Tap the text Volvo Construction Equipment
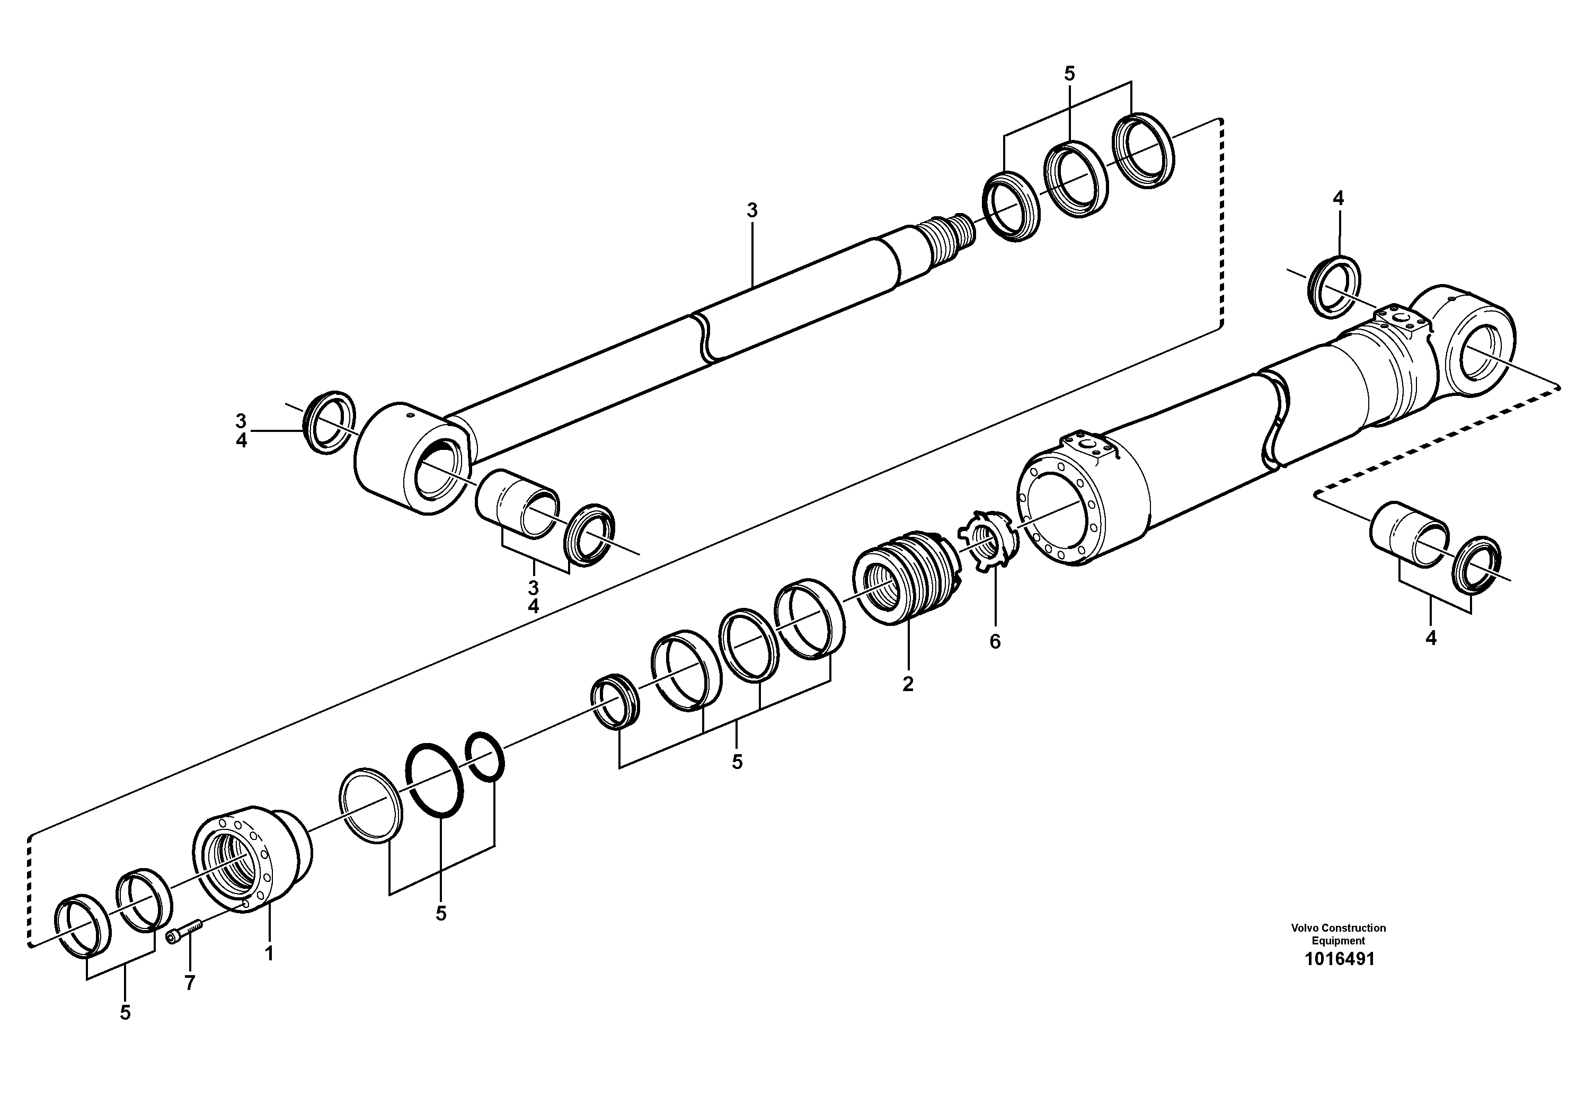[x=1338, y=934]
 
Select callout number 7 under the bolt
[x=190, y=983]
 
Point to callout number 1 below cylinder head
[x=269, y=953]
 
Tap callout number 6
[x=995, y=641]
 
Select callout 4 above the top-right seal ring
[x=1338, y=199]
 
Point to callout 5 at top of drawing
[x=1069, y=74]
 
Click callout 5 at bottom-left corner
[x=125, y=1012]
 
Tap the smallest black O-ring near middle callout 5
[x=485, y=756]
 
